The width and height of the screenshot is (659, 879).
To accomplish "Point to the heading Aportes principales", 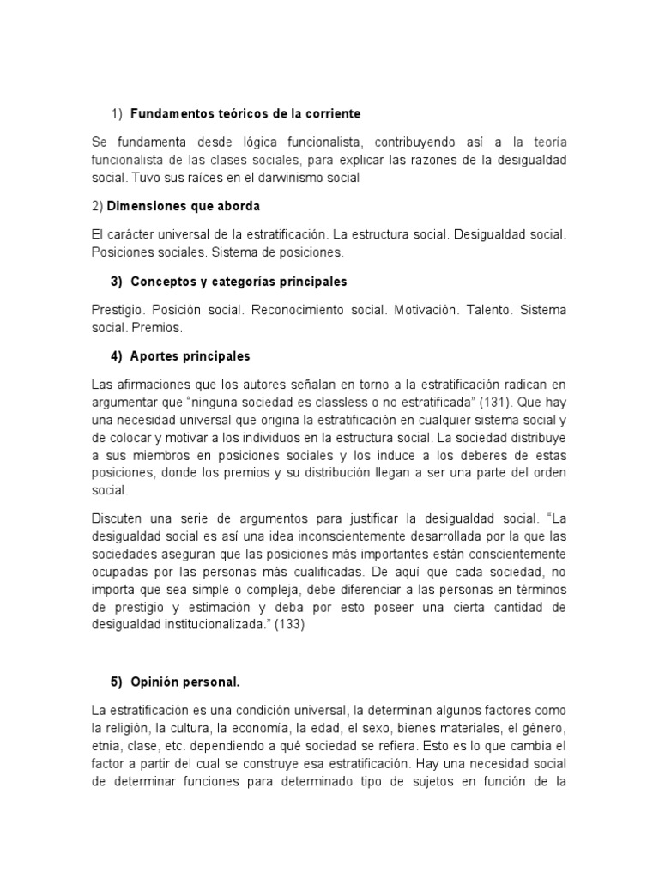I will click(190, 356).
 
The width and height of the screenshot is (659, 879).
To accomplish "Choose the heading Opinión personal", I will click(185, 682).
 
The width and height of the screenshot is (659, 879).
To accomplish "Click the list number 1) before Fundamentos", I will click(117, 113).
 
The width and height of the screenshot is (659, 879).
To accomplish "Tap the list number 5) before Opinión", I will click(117, 682).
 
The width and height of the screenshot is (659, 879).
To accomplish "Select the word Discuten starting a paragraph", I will click(118, 518).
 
